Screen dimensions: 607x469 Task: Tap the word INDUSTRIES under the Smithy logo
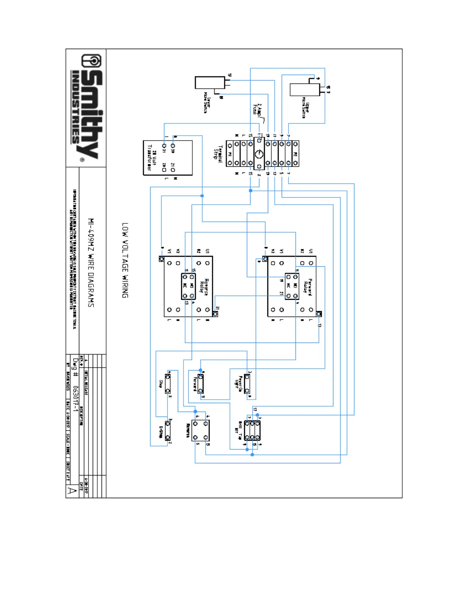75,107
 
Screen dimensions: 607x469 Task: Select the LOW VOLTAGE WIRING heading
125,260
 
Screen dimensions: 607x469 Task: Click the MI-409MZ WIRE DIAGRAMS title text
91,262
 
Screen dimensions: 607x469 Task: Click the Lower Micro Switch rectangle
210,82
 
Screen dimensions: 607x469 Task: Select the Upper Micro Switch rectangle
305,89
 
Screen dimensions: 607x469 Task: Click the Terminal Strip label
218,154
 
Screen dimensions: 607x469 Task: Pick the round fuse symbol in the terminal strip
259,154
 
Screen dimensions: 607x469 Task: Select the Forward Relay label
308,287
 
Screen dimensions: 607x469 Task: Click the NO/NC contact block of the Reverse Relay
188,286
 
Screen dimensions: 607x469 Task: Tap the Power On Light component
247,383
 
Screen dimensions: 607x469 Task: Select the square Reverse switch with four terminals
200,430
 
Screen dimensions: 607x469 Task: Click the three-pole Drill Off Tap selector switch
252,430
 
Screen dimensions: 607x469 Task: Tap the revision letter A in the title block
72,491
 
